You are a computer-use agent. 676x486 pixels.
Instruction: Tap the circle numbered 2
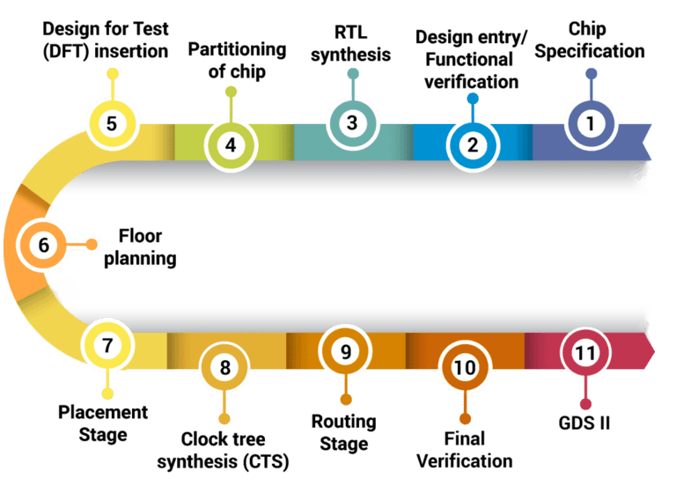[473, 144]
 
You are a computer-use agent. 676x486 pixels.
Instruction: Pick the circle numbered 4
[231, 144]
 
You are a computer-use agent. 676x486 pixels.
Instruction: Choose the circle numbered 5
[112, 123]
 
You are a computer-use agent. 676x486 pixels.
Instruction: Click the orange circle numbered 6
[44, 245]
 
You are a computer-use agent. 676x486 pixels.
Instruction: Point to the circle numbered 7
[107, 345]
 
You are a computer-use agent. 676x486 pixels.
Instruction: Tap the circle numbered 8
[225, 367]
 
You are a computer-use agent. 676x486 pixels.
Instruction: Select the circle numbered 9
[346, 351]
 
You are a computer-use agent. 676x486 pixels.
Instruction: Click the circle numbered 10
[464, 368]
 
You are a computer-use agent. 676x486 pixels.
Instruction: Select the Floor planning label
[148, 247]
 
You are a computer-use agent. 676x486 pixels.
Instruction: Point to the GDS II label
[585, 423]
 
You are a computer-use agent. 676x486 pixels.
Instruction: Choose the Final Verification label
[464, 450]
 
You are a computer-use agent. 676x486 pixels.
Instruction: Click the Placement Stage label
[104, 423]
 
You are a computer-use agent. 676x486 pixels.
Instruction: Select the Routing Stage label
[344, 432]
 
